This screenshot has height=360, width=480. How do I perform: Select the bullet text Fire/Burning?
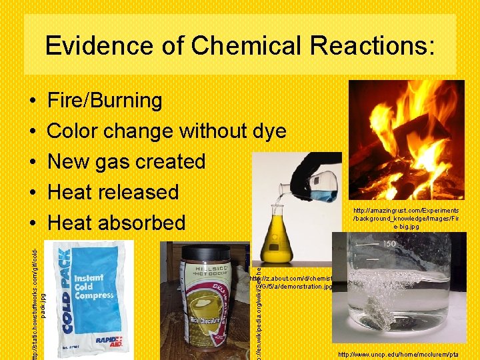[105, 101]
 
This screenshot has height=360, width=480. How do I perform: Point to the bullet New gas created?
[127, 161]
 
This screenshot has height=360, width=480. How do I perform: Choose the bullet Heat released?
[113, 192]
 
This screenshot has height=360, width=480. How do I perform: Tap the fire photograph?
[407, 140]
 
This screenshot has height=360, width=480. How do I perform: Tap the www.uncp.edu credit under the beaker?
[408, 354]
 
